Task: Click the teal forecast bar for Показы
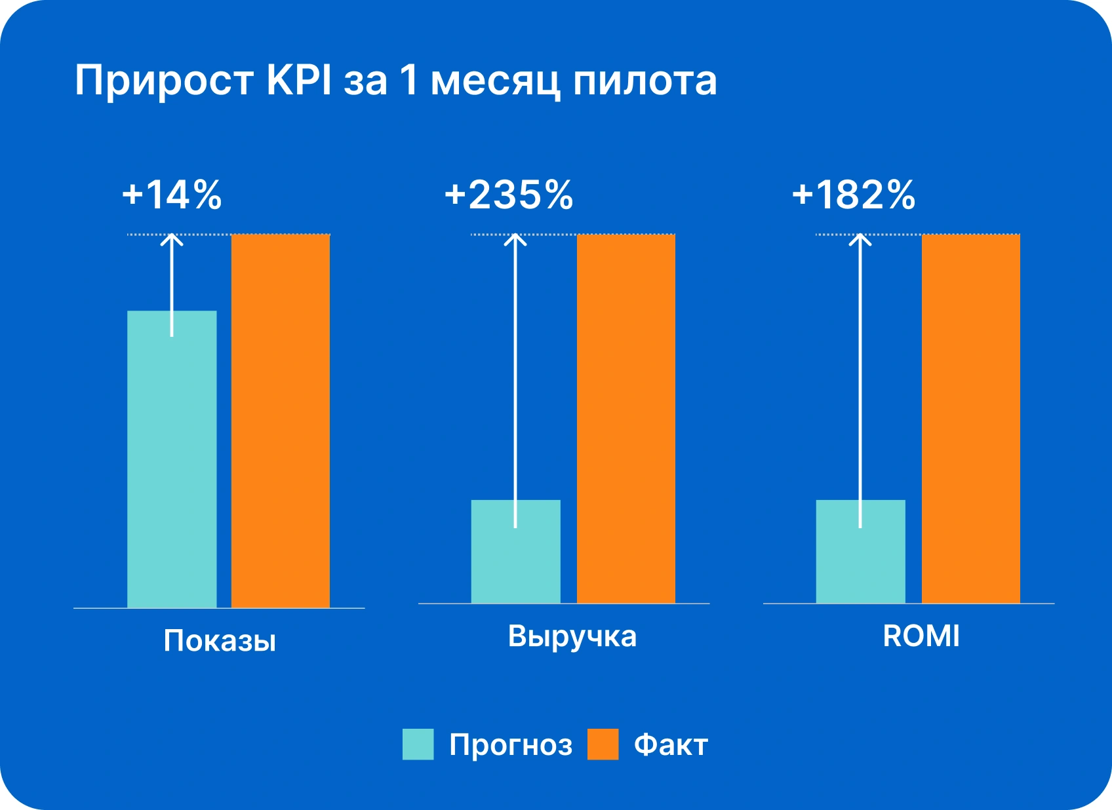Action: (172, 459)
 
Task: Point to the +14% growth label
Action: (172, 195)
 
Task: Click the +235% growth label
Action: (509, 195)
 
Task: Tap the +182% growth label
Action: (854, 195)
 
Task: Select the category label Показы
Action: (220, 641)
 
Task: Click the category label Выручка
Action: (572, 636)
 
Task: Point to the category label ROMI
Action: (921, 636)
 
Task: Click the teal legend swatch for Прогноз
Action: (418, 744)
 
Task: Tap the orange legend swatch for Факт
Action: (603, 744)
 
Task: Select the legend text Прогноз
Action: (511, 745)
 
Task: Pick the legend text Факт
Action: (671, 745)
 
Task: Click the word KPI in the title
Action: (299, 81)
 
